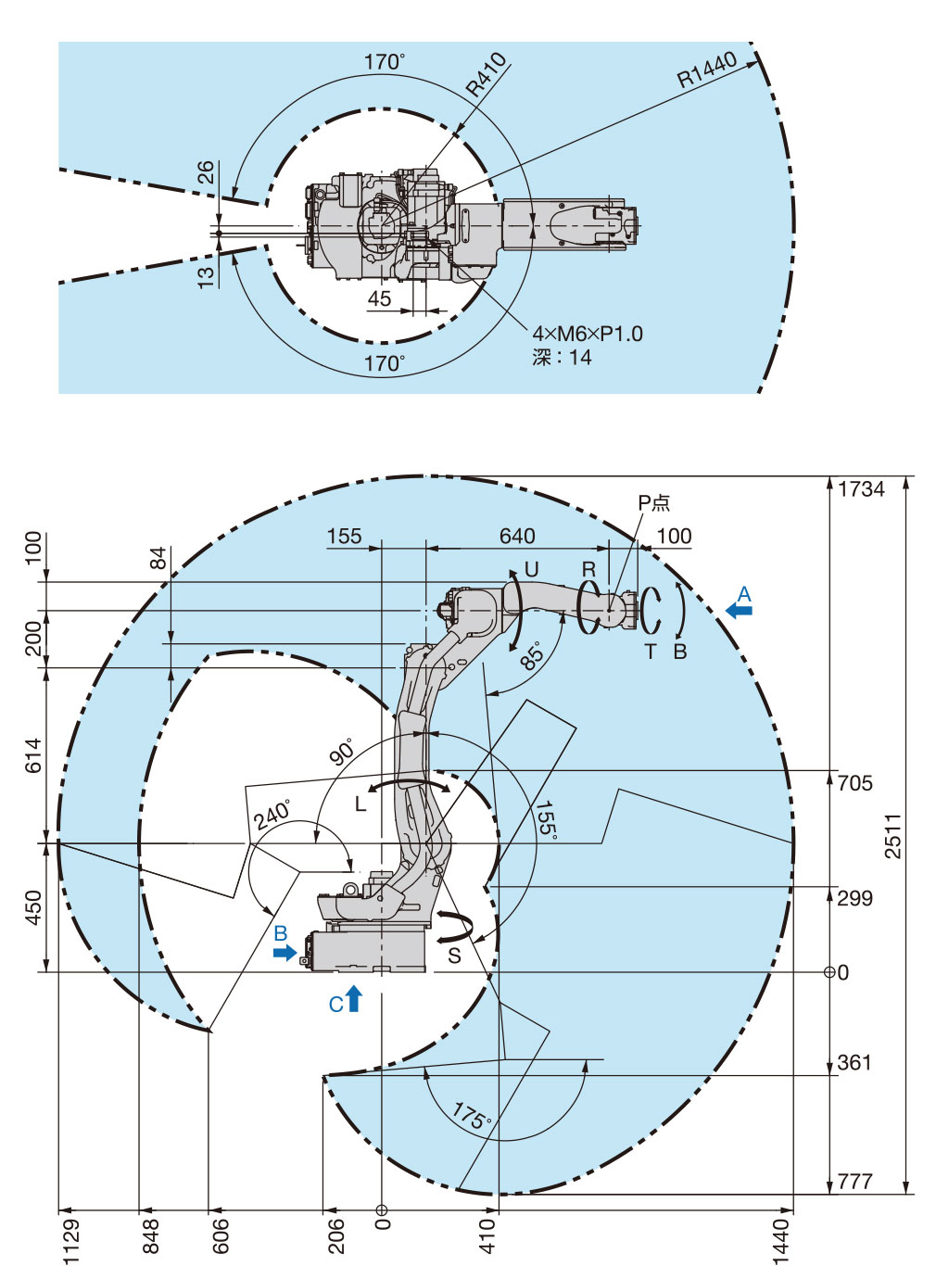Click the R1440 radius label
(706, 70)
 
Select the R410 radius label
(486, 75)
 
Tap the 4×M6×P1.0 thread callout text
(587, 334)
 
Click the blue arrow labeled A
(740, 610)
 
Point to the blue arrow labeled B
(285, 952)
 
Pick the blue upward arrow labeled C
(354, 999)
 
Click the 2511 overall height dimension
(892, 835)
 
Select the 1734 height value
(861, 489)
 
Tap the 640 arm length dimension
(517, 536)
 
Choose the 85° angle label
(532, 656)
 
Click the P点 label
(653, 502)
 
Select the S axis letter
(454, 956)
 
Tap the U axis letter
(531, 569)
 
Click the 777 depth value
(854, 1181)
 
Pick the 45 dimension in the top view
(379, 298)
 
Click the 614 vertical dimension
(33, 755)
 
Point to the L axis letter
(360, 804)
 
